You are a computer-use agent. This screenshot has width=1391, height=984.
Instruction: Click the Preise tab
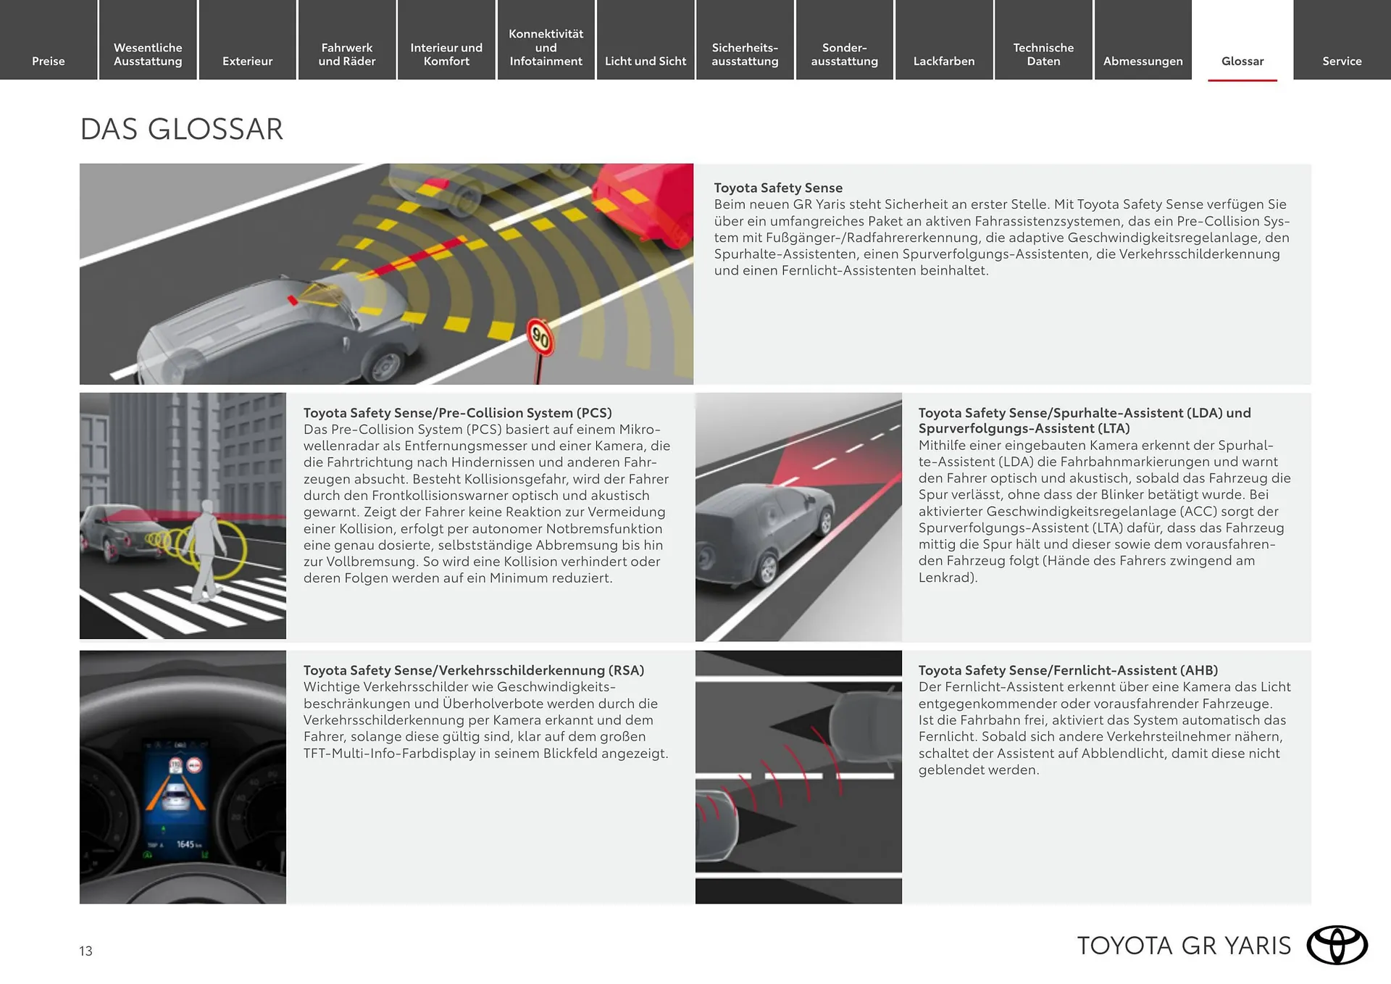[49, 61]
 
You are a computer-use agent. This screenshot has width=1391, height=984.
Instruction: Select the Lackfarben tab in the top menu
[943, 61]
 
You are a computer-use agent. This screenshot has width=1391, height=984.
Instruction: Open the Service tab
[1341, 61]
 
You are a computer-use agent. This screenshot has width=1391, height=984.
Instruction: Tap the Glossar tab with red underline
[1242, 61]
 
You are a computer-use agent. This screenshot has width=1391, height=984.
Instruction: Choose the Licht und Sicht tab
[645, 61]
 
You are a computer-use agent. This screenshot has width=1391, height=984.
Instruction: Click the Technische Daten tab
[1043, 54]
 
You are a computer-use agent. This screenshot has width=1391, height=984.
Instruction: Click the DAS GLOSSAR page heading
[181, 129]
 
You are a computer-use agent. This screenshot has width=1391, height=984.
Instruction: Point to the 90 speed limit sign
[540, 336]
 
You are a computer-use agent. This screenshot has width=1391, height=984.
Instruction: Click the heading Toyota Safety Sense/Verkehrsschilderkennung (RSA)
[473, 670]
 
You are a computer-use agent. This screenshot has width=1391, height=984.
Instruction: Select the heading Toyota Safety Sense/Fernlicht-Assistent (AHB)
[1067, 670]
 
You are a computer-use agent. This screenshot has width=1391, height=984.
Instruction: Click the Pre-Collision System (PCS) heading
[457, 412]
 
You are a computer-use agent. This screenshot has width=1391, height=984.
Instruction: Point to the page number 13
[85, 951]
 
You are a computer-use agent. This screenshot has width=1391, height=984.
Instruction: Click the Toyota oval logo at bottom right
[1337, 945]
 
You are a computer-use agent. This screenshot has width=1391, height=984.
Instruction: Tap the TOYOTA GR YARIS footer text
[1183, 946]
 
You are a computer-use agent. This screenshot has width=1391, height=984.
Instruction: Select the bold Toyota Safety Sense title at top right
[777, 188]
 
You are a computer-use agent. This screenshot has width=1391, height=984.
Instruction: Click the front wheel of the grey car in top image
[384, 366]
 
